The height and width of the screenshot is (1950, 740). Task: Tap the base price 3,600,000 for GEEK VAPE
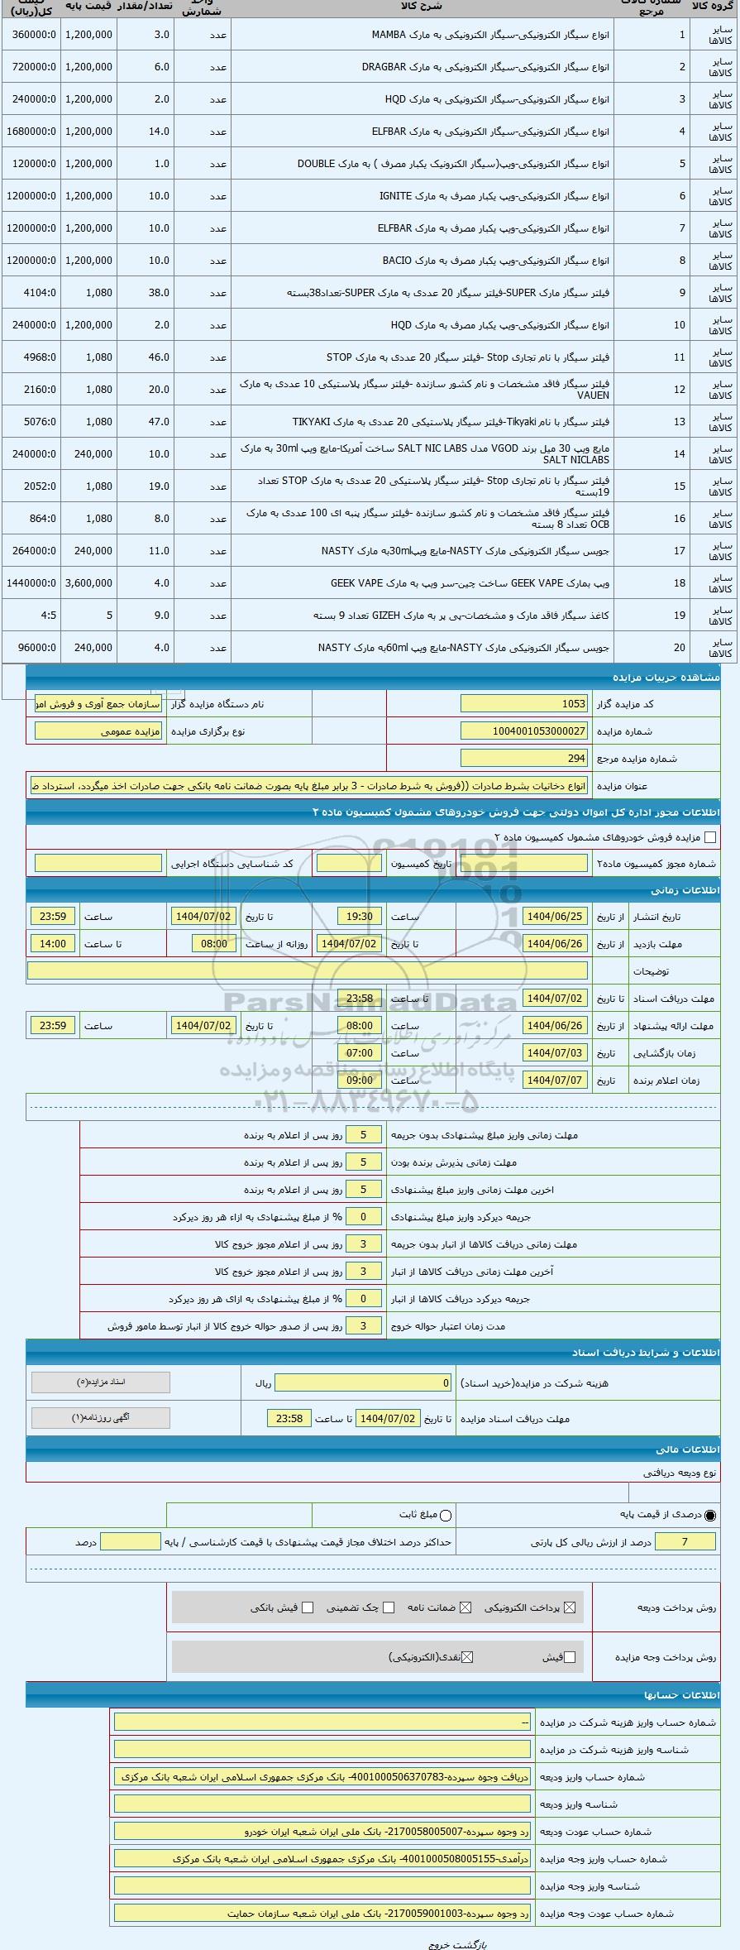(88, 583)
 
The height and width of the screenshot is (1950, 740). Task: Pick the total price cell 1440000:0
(31, 583)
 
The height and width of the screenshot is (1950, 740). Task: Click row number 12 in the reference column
(680, 390)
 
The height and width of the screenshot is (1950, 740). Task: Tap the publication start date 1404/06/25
(555, 917)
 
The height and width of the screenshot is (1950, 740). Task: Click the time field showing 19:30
(360, 917)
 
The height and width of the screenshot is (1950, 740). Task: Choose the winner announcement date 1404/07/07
(555, 1080)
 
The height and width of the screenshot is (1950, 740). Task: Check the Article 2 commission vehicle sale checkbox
(709, 837)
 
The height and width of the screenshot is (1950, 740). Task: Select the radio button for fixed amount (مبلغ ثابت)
(446, 1515)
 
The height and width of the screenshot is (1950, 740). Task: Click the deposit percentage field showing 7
(684, 1541)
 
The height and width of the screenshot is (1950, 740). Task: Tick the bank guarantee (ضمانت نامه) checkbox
(465, 1607)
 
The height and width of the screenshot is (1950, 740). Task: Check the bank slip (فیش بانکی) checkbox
(308, 1607)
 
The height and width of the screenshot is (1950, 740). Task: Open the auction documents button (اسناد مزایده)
(100, 1382)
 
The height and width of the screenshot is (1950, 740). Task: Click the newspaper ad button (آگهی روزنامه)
(100, 1418)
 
